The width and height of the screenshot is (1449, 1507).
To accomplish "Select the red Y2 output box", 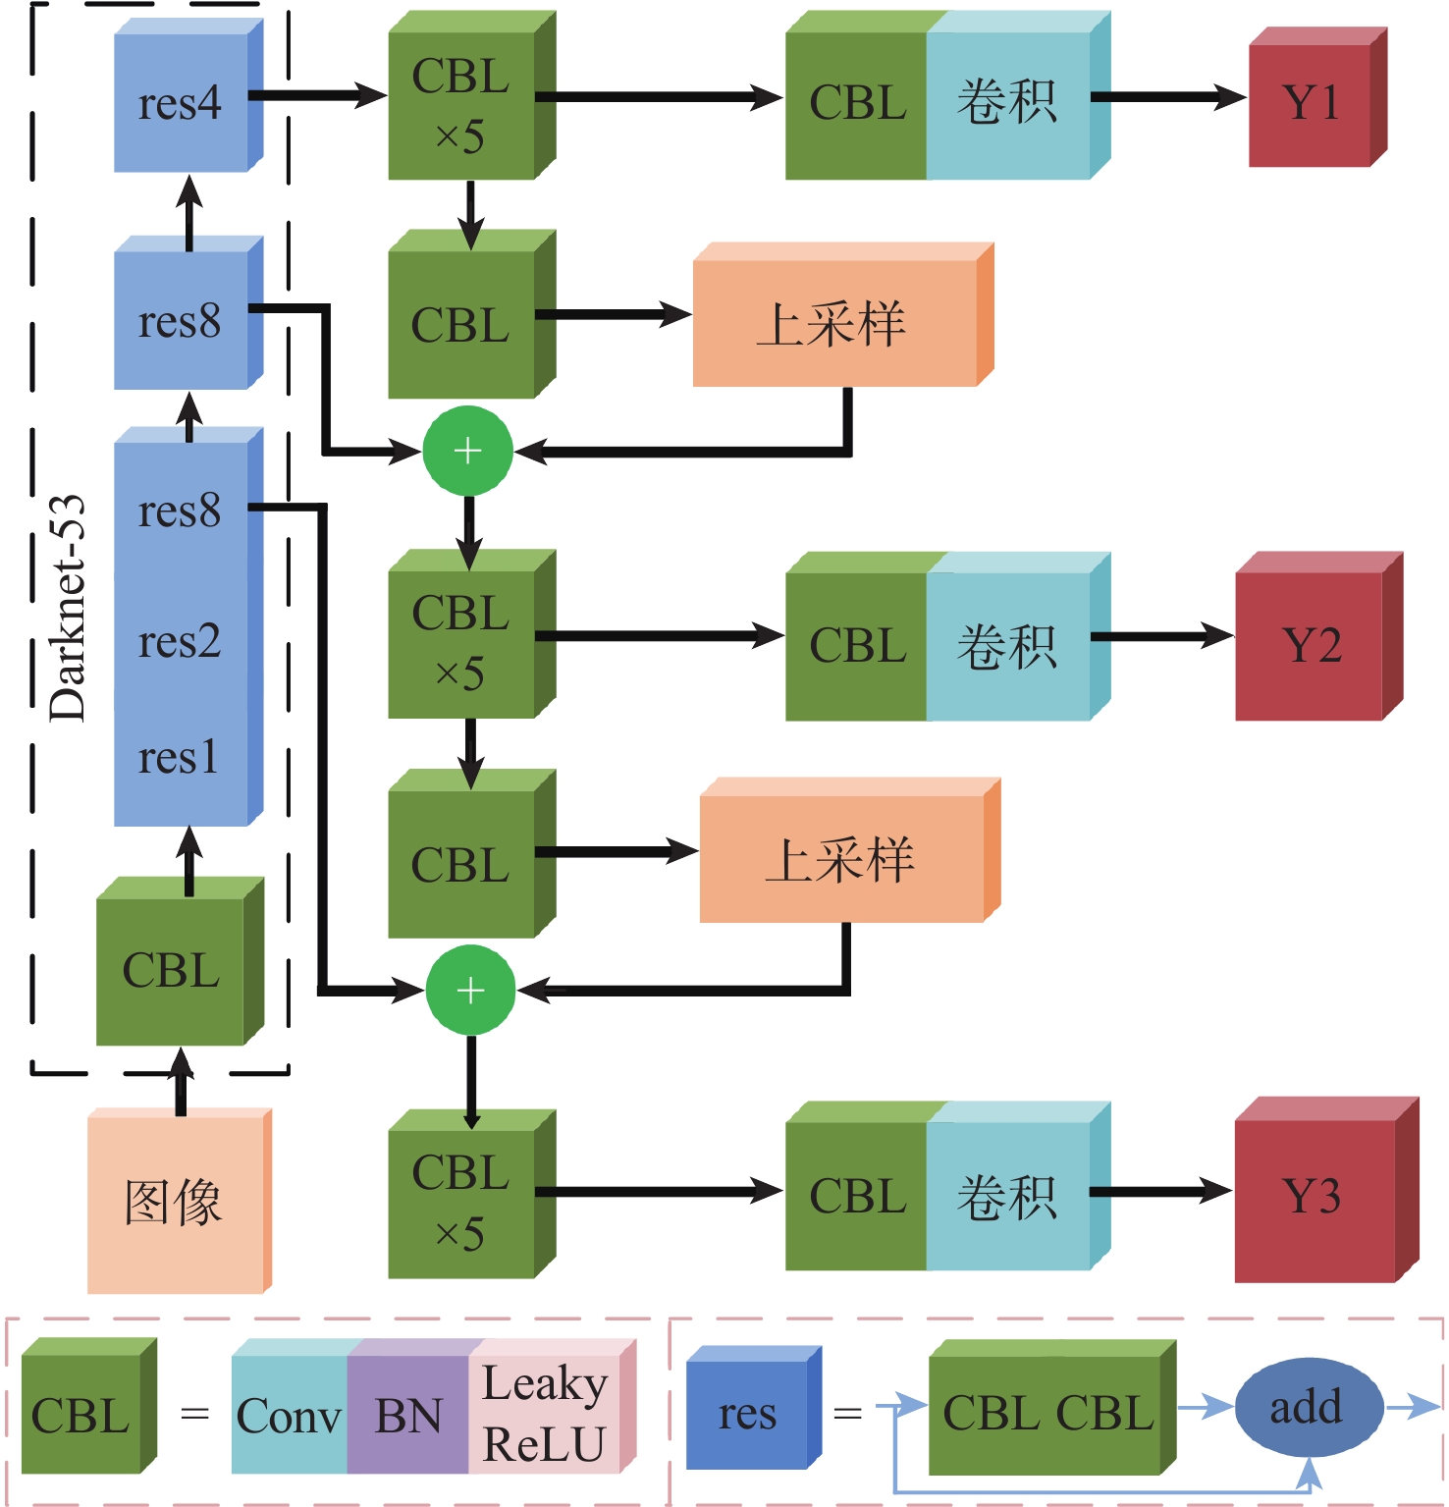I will (x=1311, y=645).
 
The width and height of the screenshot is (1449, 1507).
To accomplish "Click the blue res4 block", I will (x=182, y=103).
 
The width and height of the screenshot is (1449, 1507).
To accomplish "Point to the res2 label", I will (x=180, y=642).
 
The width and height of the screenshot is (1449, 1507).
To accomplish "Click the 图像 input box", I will (x=175, y=1203).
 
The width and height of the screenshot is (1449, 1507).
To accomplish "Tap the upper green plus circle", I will (x=467, y=451).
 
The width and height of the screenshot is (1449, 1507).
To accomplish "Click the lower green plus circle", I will (x=470, y=990).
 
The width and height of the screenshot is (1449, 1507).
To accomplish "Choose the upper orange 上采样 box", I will (x=834, y=323).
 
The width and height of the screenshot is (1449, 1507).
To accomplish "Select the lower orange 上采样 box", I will (x=842, y=859).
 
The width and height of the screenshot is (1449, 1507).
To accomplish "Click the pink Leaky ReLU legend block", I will (x=545, y=1414).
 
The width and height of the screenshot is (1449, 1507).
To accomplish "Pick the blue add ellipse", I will (x=1306, y=1408).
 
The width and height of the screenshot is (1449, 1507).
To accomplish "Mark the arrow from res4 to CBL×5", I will (x=319, y=96).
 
